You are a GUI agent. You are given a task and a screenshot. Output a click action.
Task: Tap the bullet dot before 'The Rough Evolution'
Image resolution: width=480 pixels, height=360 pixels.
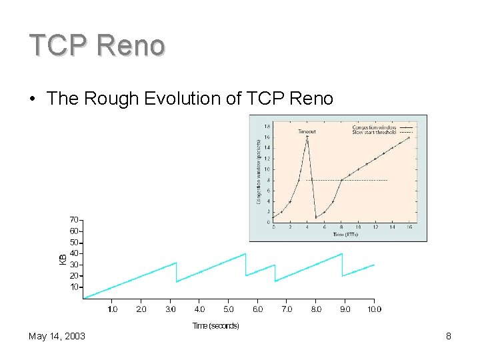coord(33,99)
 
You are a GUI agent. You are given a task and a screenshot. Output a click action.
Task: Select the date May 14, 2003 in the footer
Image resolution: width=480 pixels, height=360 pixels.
coord(57,336)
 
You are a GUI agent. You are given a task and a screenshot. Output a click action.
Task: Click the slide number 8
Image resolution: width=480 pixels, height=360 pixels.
coord(449,336)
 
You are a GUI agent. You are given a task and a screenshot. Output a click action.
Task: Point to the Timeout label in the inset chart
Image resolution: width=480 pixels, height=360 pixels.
coord(307,132)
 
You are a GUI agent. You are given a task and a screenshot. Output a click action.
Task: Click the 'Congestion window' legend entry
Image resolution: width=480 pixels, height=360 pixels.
coord(374,127)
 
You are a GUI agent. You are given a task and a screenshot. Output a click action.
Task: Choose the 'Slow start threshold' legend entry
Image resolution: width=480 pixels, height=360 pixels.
coord(374,132)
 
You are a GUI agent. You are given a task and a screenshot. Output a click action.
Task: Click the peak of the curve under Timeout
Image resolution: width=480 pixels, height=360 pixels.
coord(307,137)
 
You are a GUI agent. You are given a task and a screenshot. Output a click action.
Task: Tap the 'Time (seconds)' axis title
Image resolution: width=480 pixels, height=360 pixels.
coord(215,325)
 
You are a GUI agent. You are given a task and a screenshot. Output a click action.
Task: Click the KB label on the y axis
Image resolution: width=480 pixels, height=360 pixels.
coord(62,258)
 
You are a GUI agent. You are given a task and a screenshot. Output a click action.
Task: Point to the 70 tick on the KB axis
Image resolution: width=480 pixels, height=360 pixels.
coord(74,219)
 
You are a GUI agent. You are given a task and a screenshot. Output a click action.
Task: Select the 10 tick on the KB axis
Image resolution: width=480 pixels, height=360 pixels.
coord(74,287)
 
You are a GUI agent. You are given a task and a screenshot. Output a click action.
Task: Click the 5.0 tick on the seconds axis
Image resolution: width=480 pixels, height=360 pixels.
coord(229,309)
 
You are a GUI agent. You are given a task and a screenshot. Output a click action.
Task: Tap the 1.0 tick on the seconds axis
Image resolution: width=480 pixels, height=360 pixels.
coord(112,309)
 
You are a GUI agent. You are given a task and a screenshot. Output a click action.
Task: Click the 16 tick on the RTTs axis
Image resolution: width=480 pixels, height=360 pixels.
coord(409,227)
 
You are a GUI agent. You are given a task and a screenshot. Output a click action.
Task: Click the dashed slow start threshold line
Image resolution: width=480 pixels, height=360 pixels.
coord(360,180)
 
